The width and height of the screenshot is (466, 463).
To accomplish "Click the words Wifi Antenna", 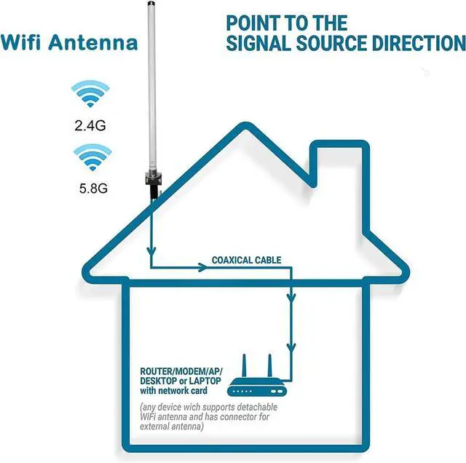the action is click(70, 41).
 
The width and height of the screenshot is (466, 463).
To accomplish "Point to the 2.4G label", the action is click(90, 125).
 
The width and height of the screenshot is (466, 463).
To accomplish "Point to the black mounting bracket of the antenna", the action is click(154, 182).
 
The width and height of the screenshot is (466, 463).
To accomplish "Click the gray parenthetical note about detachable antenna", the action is click(198, 419).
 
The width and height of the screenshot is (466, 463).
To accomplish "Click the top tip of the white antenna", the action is click(154, 4).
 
